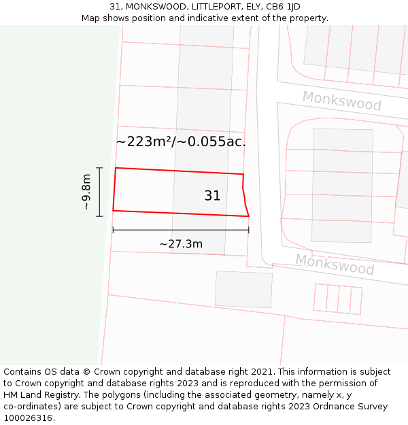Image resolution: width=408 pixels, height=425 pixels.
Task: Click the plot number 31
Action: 212,196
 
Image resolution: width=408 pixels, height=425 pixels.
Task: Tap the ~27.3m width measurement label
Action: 181,244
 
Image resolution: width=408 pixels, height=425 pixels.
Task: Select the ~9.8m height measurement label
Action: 86,192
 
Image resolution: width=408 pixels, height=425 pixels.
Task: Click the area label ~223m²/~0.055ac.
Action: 181,142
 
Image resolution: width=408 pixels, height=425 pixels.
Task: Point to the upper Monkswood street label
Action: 341,101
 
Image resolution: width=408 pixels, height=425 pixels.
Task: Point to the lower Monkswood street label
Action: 335,264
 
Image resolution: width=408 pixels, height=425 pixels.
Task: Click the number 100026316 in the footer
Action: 29,418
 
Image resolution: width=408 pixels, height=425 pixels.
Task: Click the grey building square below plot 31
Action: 243,289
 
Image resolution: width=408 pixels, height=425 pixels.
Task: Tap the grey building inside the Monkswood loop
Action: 342,185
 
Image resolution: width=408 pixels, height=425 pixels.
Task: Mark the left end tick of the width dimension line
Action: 113,230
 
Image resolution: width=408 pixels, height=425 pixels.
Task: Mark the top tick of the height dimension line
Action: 99,167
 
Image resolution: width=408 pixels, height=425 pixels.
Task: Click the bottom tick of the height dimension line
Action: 99,216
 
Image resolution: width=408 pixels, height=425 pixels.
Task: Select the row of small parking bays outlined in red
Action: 337,299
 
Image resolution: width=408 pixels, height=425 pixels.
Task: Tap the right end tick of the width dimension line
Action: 249,230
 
